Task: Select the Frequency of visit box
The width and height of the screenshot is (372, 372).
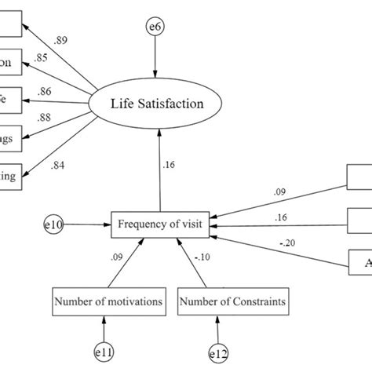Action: coord(161,224)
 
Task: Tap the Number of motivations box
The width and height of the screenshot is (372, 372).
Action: coord(109,300)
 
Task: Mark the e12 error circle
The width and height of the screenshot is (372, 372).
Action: coord(217,356)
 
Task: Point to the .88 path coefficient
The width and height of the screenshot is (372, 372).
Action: coord(67,119)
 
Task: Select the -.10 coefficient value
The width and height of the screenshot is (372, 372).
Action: coord(203,256)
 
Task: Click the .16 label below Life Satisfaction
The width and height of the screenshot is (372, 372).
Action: coord(170,165)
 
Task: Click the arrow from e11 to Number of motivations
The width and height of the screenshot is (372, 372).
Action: coord(104,327)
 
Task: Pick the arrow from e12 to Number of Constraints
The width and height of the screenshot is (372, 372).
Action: coord(217,327)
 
